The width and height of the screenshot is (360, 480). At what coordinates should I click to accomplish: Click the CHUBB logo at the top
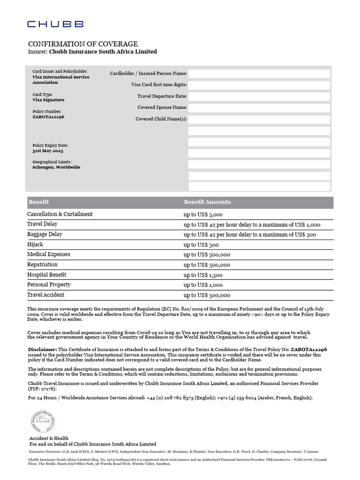(x=56, y=24)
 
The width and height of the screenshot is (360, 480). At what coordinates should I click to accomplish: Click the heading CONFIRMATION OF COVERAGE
(x=83, y=44)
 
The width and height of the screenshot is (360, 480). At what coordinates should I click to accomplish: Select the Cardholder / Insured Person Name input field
(x=259, y=74)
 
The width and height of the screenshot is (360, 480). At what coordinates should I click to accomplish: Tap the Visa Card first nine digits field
(x=259, y=85)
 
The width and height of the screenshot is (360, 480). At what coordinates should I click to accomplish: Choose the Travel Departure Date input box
(x=259, y=96)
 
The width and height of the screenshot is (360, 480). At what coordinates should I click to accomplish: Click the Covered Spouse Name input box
(x=259, y=107)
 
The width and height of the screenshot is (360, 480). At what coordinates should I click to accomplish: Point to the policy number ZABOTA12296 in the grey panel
(x=48, y=117)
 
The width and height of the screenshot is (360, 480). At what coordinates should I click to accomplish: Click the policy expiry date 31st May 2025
(x=47, y=151)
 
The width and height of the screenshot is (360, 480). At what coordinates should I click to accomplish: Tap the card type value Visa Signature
(x=48, y=100)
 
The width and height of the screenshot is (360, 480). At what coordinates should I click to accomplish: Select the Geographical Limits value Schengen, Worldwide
(x=56, y=167)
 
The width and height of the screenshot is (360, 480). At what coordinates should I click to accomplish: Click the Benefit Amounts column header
(x=207, y=202)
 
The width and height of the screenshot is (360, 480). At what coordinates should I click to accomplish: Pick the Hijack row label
(x=35, y=244)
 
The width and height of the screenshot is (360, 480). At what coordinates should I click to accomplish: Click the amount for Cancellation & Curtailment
(x=202, y=214)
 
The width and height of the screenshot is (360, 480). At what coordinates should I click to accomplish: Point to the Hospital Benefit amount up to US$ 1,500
(x=202, y=275)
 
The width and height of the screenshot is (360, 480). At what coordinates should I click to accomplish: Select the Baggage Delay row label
(x=45, y=234)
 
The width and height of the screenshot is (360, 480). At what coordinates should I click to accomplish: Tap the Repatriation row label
(x=42, y=265)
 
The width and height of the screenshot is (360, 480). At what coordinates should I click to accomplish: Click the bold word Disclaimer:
(x=42, y=349)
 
